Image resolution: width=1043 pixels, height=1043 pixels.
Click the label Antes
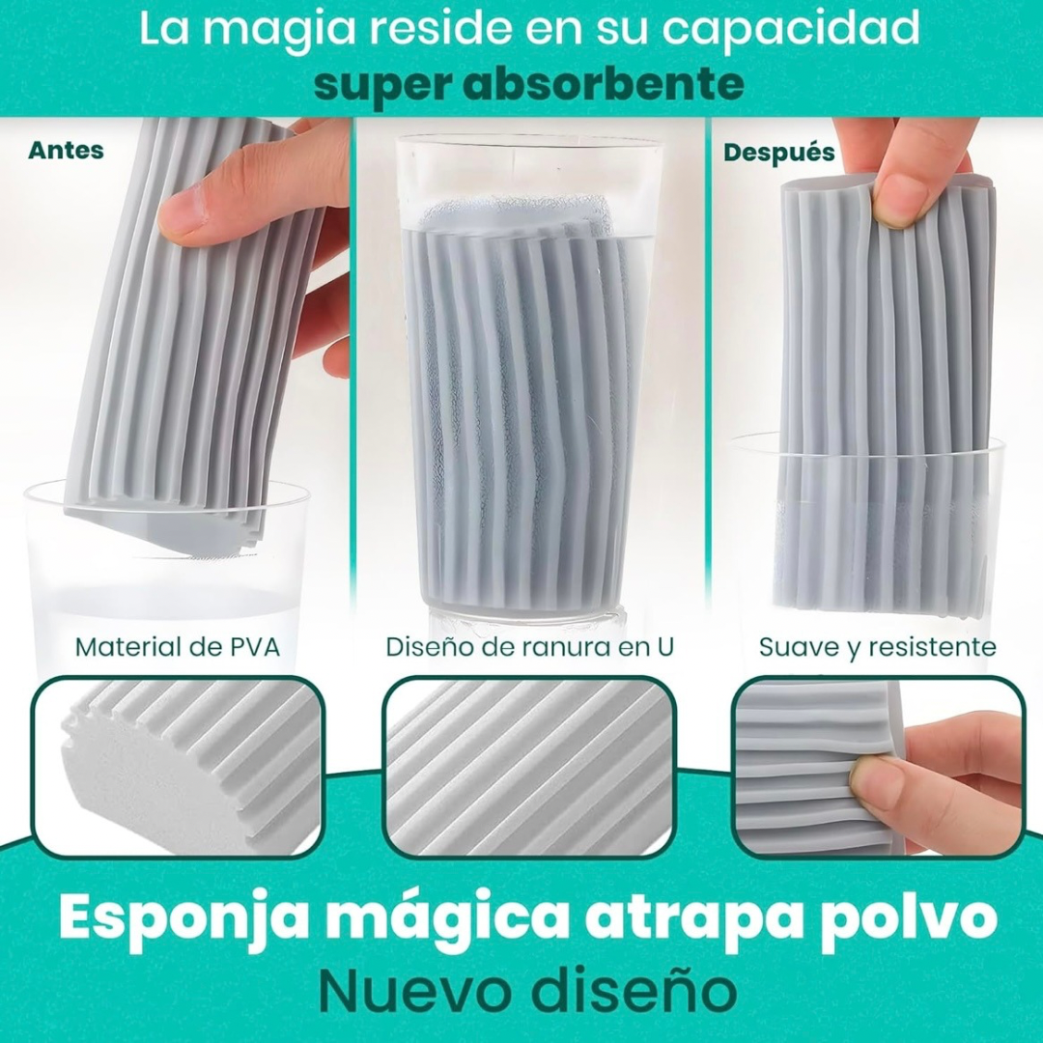tap(66, 151)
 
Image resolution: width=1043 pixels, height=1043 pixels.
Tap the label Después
tap(779, 153)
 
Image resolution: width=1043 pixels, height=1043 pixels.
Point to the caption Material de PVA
tap(178, 646)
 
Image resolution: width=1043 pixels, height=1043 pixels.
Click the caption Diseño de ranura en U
tap(529, 646)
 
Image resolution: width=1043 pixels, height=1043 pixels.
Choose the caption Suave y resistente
tap(877, 647)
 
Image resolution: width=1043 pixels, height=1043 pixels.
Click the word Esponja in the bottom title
tap(173, 919)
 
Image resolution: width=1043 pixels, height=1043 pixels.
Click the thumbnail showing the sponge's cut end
tap(179, 766)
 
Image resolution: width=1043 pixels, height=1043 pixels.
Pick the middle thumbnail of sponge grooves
tap(529, 766)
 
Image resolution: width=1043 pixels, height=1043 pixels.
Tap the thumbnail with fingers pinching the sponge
tap(878, 766)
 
